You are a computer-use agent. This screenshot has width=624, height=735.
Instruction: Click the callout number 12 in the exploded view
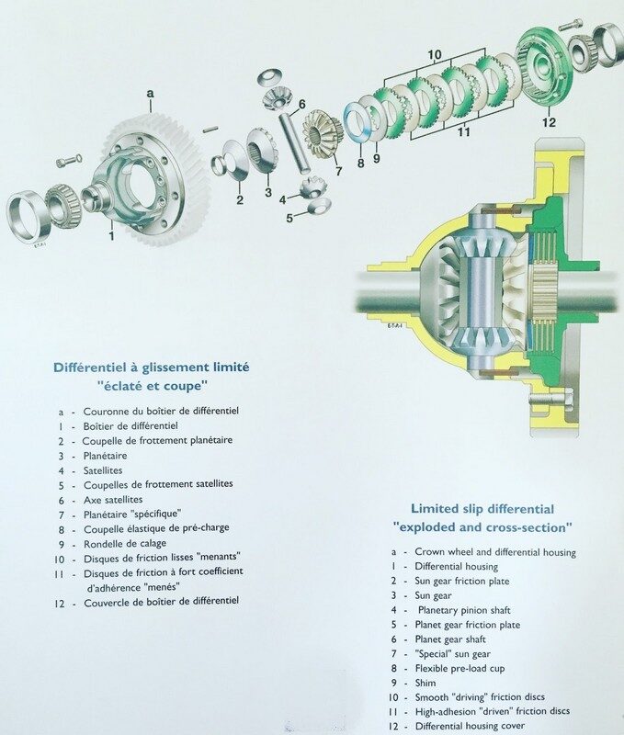pyautogui.click(x=549, y=122)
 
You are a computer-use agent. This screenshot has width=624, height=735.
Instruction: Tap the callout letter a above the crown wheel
pyautogui.click(x=150, y=94)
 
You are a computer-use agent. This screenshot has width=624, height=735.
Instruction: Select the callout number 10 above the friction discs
pyautogui.click(x=435, y=54)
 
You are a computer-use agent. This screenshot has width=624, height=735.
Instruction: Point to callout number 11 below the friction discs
pyautogui.click(x=464, y=131)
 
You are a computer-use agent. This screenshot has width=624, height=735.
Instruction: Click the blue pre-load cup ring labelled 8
pyautogui.click(x=359, y=123)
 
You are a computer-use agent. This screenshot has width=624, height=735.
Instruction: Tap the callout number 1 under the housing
pyautogui.click(x=111, y=235)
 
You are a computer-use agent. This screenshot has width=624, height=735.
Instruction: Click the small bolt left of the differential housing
pyautogui.click(x=69, y=161)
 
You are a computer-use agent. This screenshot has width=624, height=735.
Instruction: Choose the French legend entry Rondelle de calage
pyautogui.click(x=125, y=544)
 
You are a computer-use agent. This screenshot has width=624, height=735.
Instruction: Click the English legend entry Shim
pyautogui.click(x=425, y=683)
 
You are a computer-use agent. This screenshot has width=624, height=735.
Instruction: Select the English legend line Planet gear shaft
pyautogui.click(x=450, y=639)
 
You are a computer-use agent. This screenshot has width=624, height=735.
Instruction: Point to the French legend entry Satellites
pyautogui.click(x=103, y=470)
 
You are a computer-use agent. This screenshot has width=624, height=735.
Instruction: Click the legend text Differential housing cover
pyautogui.click(x=470, y=726)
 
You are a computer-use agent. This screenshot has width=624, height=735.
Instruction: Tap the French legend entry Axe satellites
pyautogui.click(x=113, y=500)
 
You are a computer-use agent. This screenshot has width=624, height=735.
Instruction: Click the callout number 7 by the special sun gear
pyautogui.click(x=338, y=171)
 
